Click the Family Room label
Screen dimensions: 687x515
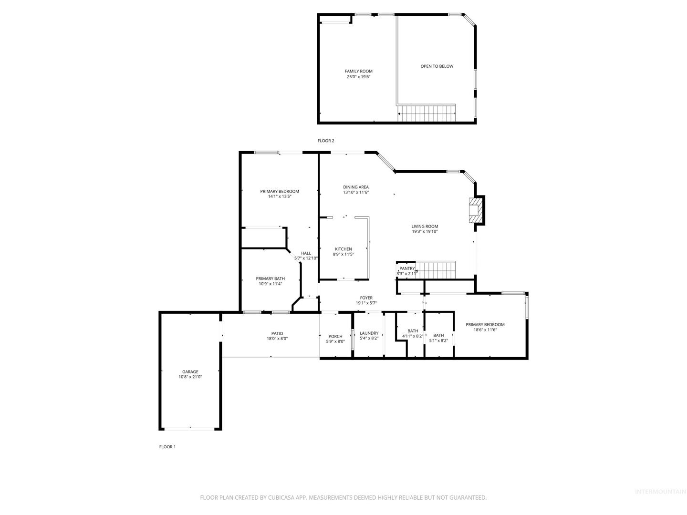coord(358,72)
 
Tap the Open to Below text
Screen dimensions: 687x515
coord(437,66)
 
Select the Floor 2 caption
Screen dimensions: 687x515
coord(326,141)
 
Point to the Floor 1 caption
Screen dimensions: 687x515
coord(167,447)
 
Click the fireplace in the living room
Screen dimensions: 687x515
coord(475,210)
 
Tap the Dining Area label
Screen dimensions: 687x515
coord(356,187)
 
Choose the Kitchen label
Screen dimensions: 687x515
coord(343,249)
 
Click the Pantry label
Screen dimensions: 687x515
coord(407,268)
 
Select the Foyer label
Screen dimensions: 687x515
coord(366,298)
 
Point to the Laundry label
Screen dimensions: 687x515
coord(369,333)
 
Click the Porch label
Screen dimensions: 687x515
coord(335,337)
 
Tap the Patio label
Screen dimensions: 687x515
coord(277,333)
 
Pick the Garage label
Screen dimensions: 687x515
coord(190,372)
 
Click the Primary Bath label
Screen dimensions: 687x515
coord(270,278)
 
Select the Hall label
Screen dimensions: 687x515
coord(306,253)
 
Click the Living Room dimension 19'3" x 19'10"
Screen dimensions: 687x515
coord(425,231)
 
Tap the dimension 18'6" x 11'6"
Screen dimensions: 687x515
coord(485,330)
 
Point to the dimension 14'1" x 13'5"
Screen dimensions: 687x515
coord(280,196)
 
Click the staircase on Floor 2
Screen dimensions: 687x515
coord(427,113)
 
